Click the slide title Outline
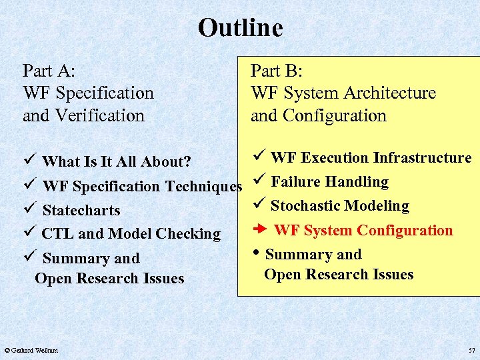(x=240, y=28)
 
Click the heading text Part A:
(x=49, y=71)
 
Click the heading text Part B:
(x=277, y=71)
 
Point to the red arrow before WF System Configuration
(x=261, y=230)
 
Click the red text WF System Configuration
(x=363, y=231)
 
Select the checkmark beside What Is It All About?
(x=27, y=161)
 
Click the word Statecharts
(x=81, y=210)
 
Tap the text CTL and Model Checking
(x=131, y=234)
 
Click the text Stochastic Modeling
(x=339, y=206)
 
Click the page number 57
(x=472, y=350)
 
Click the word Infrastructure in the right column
(x=422, y=158)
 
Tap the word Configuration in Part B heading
(x=335, y=115)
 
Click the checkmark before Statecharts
(x=27, y=209)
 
